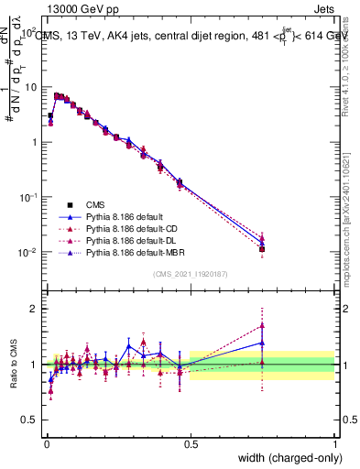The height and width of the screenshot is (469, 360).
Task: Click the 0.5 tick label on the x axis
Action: (191, 444)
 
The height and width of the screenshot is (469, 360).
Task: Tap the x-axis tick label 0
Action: (47, 444)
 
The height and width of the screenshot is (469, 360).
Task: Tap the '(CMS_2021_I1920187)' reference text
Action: (190, 275)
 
